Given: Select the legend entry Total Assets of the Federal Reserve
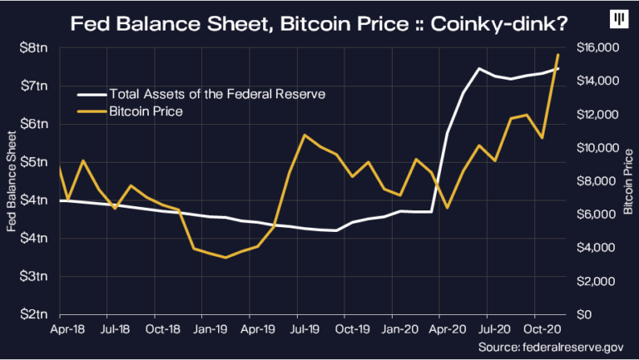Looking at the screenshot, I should pyautogui.click(x=211, y=93).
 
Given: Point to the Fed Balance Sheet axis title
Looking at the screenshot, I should pyautogui.click(x=11, y=180).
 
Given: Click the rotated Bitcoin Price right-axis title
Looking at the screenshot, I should pyautogui.click(x=628, y=180).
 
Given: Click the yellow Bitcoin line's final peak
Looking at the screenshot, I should pyautogui.click(x=557, y=55).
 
